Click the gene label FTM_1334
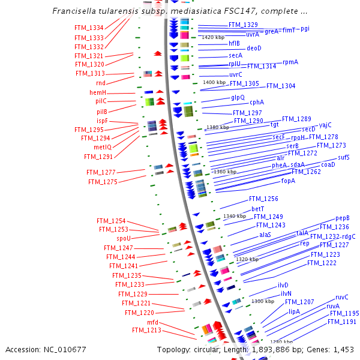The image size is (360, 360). (x=89, y=28)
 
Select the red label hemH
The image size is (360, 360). (x=98, y=93)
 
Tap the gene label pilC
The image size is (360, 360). (x=101, y=101)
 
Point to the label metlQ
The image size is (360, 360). (x=103, y=148)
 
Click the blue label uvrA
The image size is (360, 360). (x=253, y=34)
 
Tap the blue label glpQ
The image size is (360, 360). (x=238, y=97)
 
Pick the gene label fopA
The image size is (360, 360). (x=288, y=181)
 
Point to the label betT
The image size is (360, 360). (x=258, y=209)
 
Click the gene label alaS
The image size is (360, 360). (x=265, y=235)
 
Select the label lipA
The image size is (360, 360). (x=294, y=311)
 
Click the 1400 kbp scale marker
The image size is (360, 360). (x=216, y=82)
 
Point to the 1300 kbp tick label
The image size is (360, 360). (x=262, y=301)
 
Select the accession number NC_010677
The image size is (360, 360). (x=66, y=349)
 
